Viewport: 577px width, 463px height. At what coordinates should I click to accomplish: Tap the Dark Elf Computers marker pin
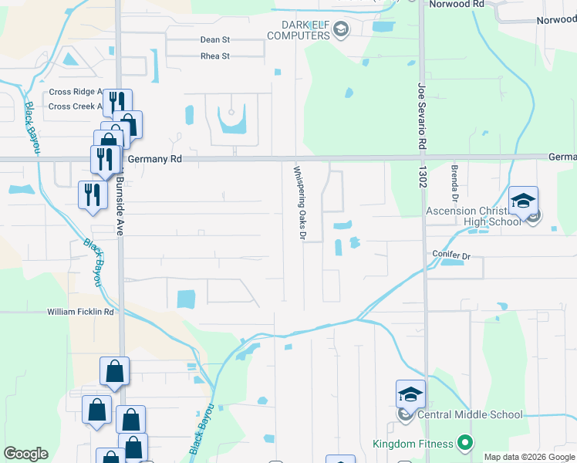coord(342,30)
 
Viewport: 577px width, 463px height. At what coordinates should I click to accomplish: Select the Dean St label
coord(215,39)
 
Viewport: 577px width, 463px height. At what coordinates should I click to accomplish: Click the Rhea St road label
coord(215,56)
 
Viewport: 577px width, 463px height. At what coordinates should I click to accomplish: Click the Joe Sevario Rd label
coord(422,117)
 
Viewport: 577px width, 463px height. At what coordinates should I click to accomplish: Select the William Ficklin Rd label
coord(80,312)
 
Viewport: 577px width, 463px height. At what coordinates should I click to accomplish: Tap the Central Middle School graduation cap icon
coord(410,394)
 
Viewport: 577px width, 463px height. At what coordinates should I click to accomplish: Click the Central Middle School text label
coord(470,414)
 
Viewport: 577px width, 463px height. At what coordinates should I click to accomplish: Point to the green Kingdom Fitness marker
coord(464,444)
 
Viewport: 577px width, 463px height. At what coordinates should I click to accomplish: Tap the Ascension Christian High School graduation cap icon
coord(523,201)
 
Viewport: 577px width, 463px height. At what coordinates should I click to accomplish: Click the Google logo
coord(25,454)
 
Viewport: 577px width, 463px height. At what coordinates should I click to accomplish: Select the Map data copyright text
coord(529,457)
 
